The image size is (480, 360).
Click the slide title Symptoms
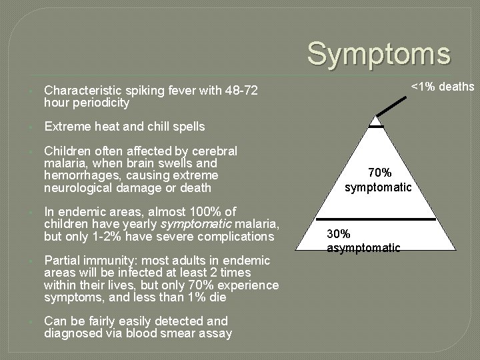(x=378, y=54)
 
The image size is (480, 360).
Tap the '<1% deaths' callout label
(x=443, y=87)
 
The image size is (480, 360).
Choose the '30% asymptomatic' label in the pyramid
(x=363, y=241)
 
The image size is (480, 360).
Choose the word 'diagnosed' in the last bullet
(x=72, y=333)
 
